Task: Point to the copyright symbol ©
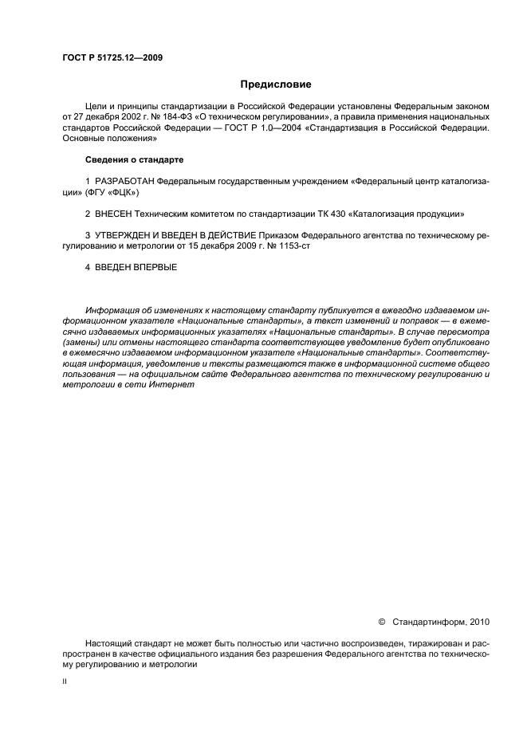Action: [x=381, y=620]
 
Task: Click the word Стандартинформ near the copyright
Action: [x=431, y=620]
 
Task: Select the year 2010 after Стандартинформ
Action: [x=481, y=620]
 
